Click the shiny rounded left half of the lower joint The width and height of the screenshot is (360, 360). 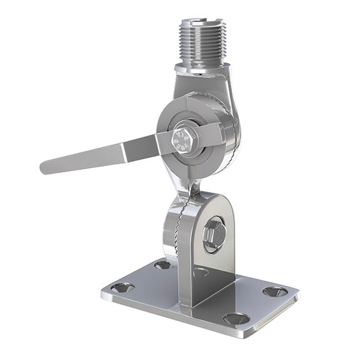click(170, 231)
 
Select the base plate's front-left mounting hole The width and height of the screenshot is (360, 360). click(122, 287)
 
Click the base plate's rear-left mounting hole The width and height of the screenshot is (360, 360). click(163, 264)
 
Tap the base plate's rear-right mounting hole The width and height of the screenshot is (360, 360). click(275, 292)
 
